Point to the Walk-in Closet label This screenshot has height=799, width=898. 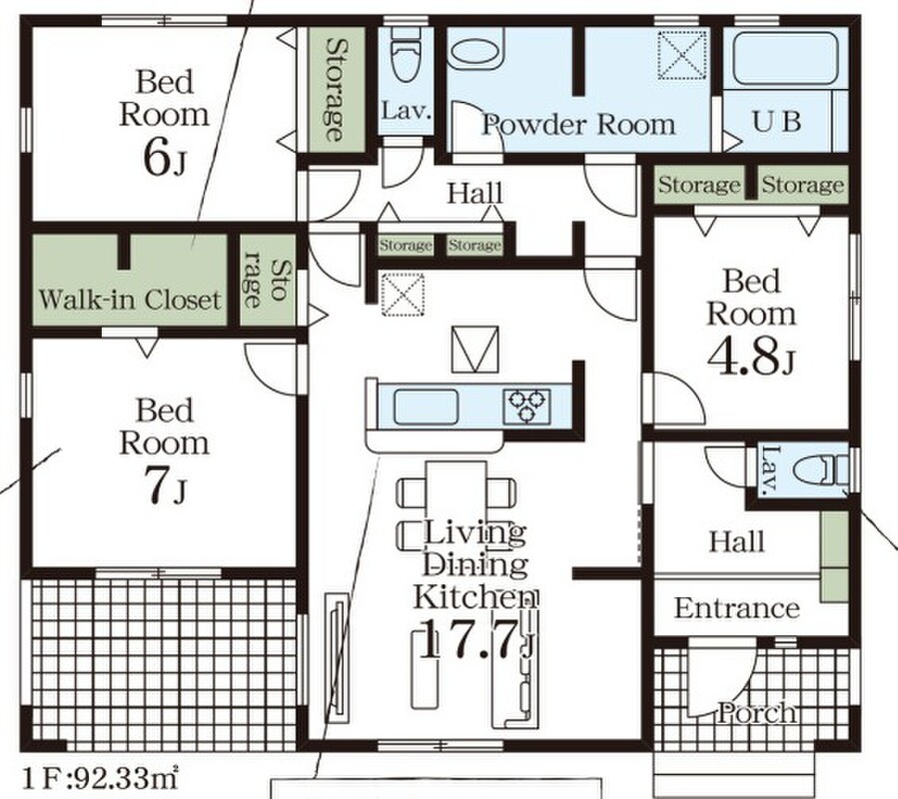point(129,299)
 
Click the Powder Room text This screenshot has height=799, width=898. point(578,125)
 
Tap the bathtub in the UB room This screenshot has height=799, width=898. point(784,60)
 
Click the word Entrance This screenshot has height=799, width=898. point(737,607)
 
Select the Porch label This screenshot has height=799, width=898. point(757,713)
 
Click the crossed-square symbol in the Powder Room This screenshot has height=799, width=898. point(681,55)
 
